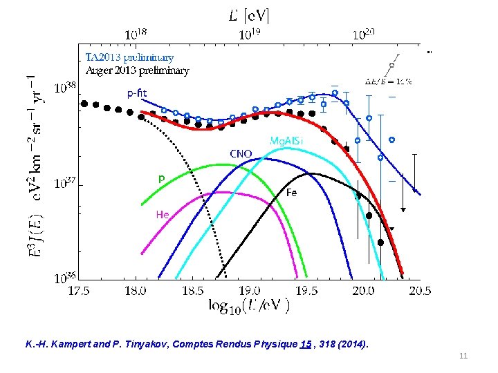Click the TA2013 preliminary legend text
pos(129,57)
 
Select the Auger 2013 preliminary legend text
pos(137,70)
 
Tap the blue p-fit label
pos(136,93)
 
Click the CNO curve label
pos(241,153)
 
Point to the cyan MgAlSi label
pos(286,140)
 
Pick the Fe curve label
pos(292,193)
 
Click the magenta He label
pos(162,215)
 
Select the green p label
pos(161,178)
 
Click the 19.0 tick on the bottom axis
pos(250,291)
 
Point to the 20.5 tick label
pos(419,291)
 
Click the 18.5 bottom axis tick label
pos(192,291)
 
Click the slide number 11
pos(463,356)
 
